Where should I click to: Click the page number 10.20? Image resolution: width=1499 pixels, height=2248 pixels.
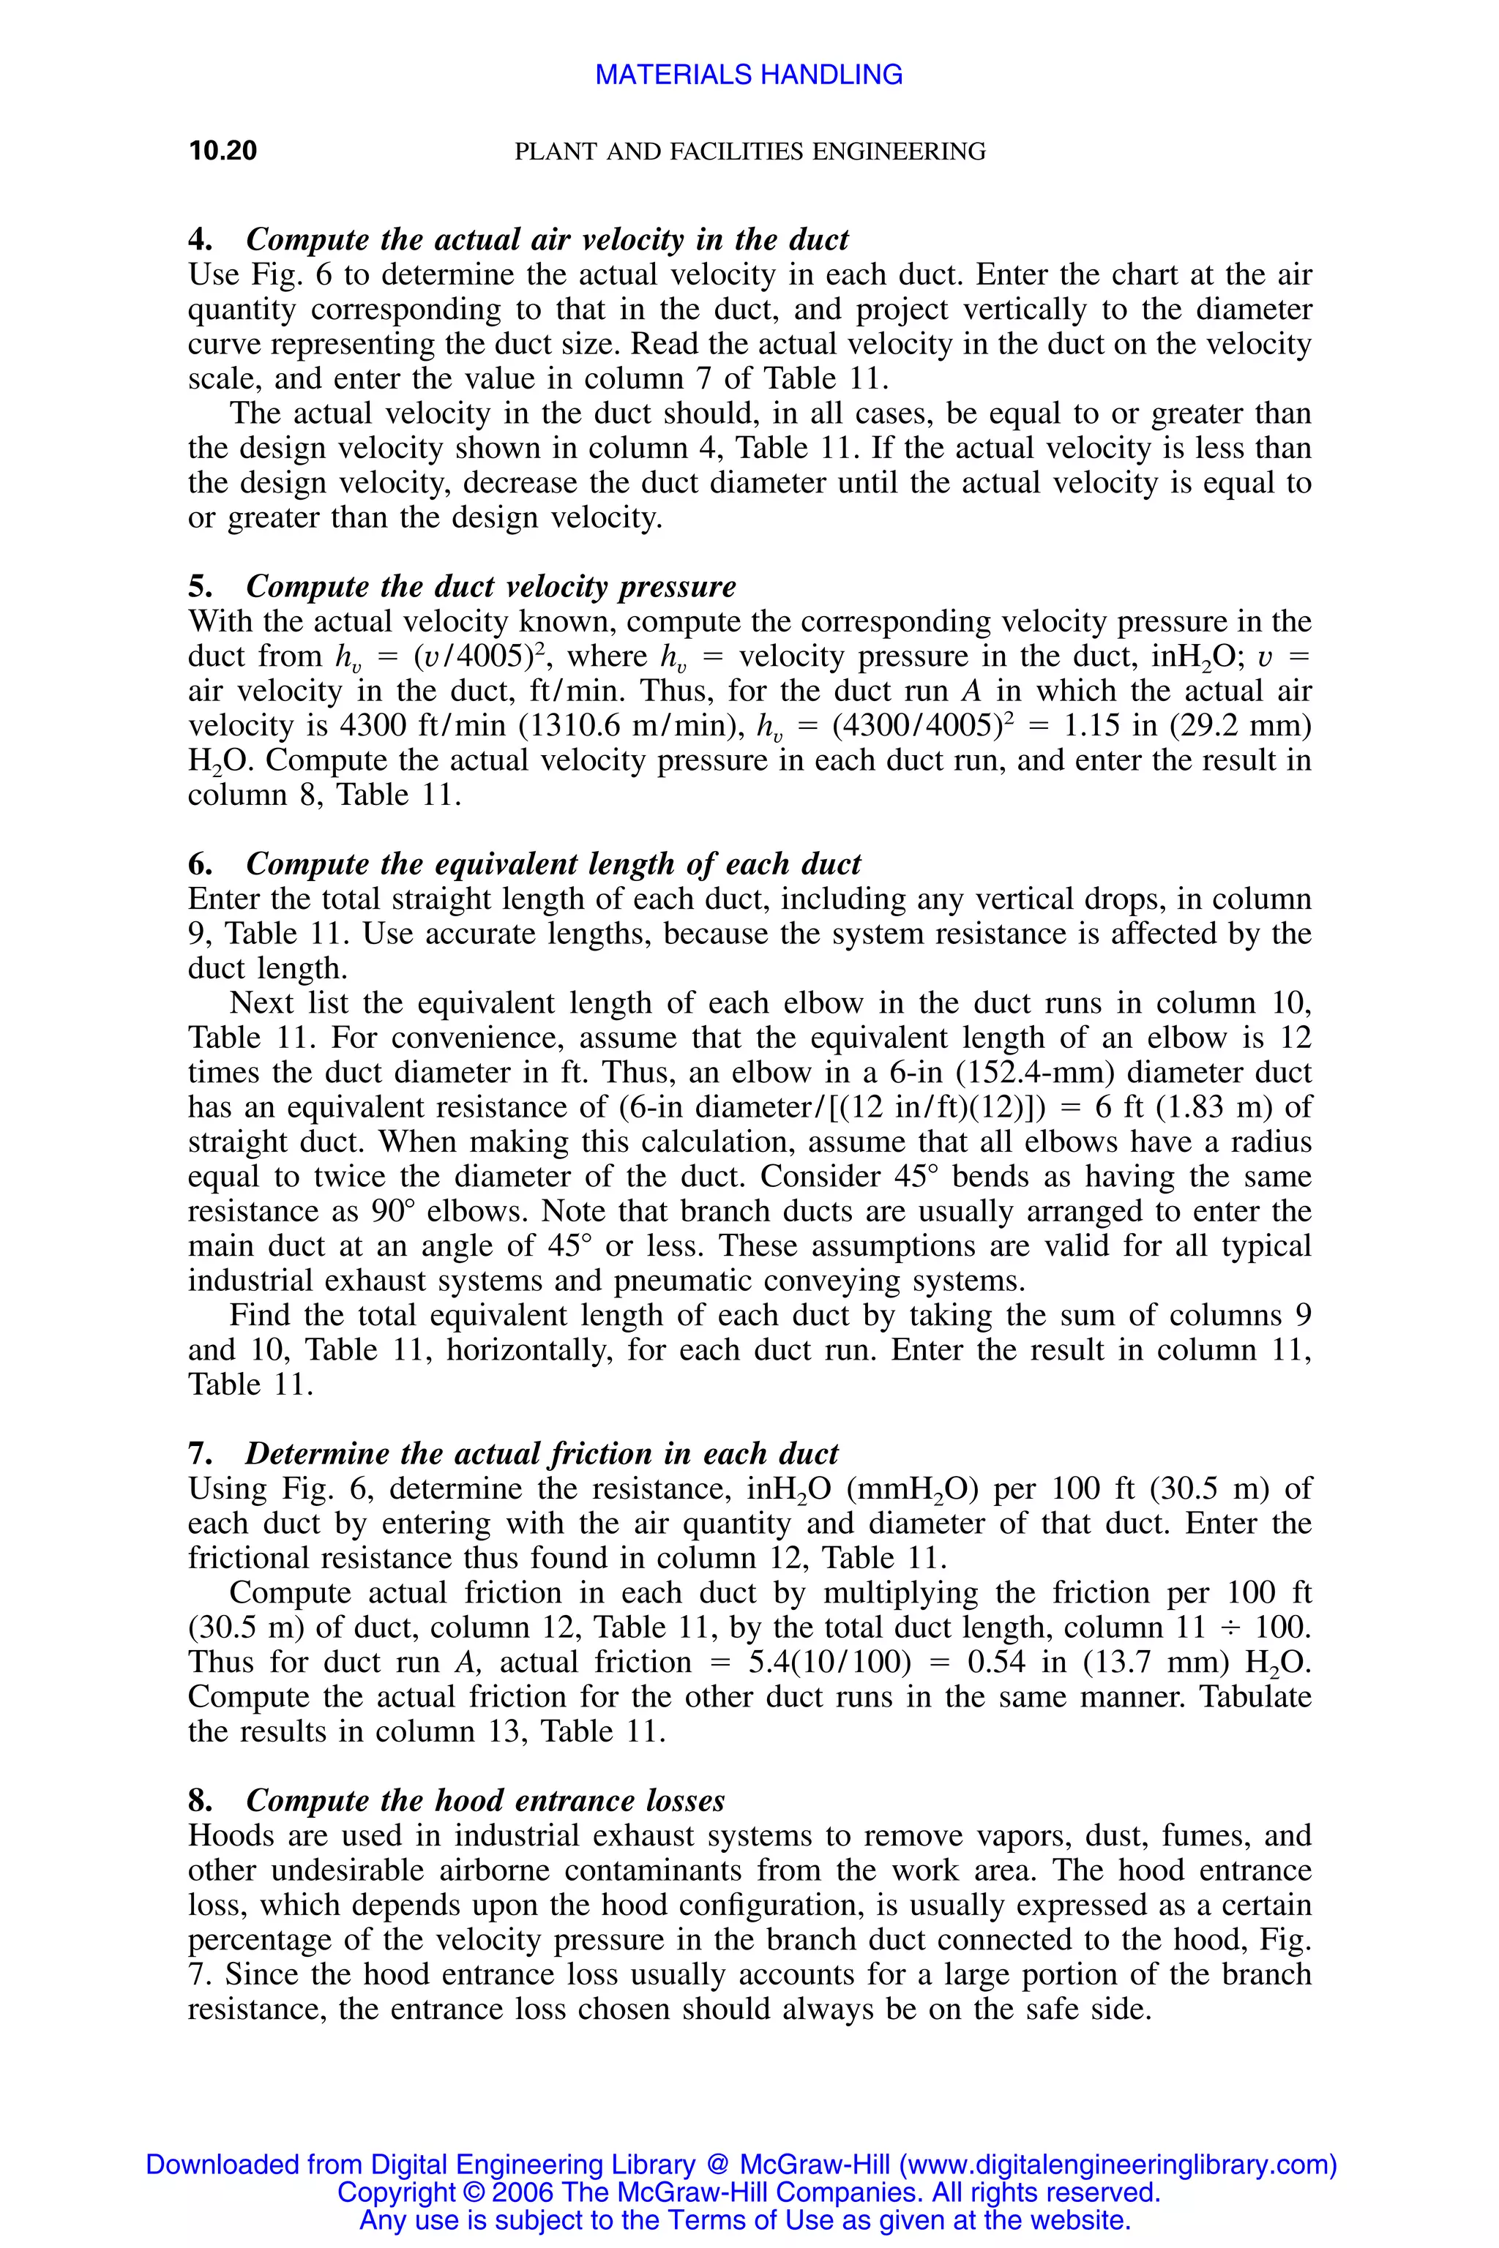[223, 151]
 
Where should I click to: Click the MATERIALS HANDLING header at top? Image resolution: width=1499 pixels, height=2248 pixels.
[749, 75]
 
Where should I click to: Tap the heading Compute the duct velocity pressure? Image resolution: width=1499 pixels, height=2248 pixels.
[490, 587]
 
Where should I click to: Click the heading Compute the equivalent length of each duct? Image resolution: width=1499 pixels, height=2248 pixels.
[553, 864]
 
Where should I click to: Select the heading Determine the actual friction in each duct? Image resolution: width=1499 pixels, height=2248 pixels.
[541, 1454]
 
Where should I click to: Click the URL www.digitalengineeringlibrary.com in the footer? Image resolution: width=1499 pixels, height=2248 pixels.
[1118, 2164]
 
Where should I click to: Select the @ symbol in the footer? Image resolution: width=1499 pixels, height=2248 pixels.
[717, 2164]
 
